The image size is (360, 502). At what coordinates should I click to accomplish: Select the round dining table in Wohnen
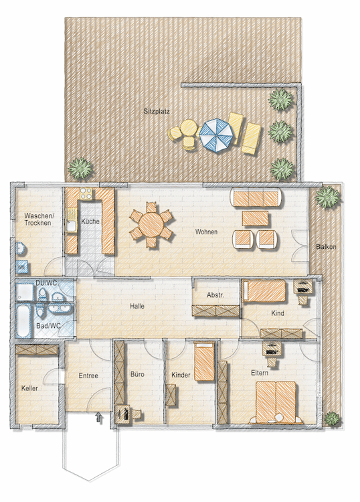coord(151,224)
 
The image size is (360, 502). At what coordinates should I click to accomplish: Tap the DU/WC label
coord(46,284)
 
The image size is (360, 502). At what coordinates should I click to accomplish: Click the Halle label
coord(138,306)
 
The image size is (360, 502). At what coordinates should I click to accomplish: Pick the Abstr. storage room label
coord(214,295)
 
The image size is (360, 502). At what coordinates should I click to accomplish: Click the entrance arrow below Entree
coord(100,418)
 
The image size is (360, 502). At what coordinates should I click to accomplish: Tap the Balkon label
coord(326,247)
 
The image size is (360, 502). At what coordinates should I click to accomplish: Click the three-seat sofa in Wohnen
coord(256,197)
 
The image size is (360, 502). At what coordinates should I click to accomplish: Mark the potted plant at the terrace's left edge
coord(81,167)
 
